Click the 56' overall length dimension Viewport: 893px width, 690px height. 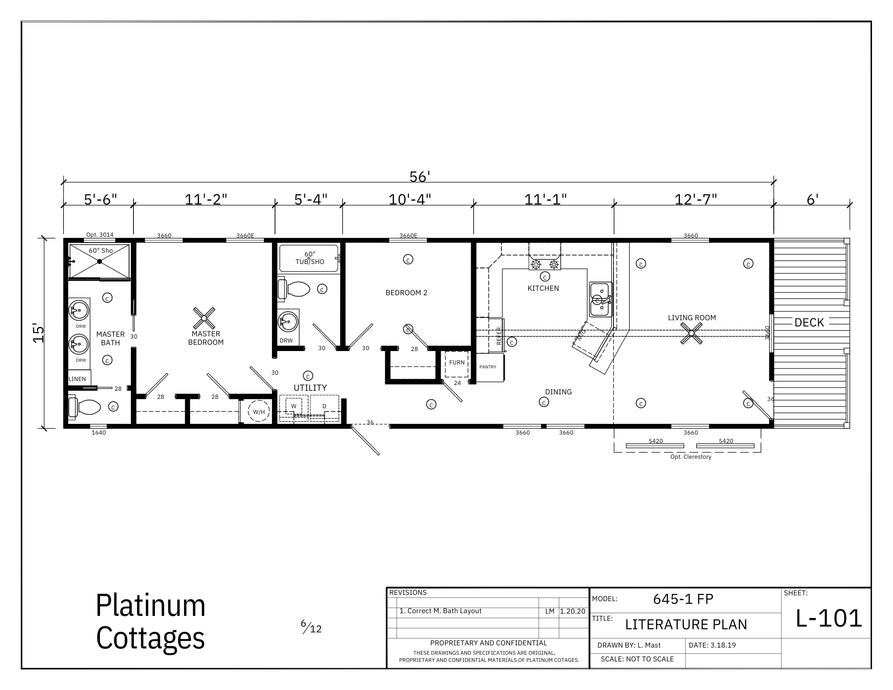click(x=419, y=177)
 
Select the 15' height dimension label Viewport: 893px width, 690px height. click(x=39, y=333)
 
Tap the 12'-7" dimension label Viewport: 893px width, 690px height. click(x=696, y=199)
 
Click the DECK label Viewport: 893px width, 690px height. click(x=809, y=322)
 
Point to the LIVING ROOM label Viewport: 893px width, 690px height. click(x=692, y=318)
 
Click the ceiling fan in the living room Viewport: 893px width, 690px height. click(x=691, y=333)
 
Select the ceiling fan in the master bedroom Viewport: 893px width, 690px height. click(x=204, y=318)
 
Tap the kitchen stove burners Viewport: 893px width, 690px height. click(x=545, y=264)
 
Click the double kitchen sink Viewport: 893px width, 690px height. click(x=601, y=299)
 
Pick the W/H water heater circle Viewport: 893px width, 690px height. click(x=259, y=412)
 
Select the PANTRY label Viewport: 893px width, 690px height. click(x=488, y=367)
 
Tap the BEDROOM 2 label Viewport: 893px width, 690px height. click(x=406, y=293)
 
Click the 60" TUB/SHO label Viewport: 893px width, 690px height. click(x=309, y=258)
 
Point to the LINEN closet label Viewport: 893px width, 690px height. click(x=77, y=379)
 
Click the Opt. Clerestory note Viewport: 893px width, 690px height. click(x=691, y=457)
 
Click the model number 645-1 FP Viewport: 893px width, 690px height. click(x=683, y=599)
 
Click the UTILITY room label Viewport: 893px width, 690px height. click(x=310, y=388)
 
